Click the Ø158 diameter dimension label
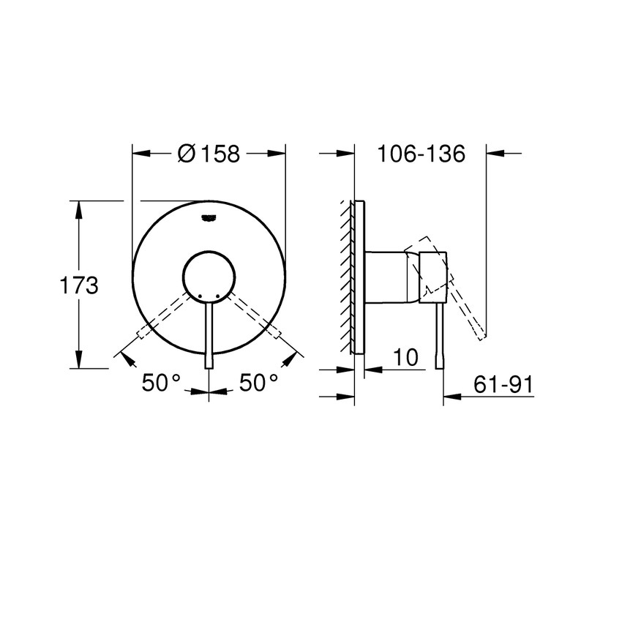pyautogui.click(x=209, y=154)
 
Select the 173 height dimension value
pyautogui.click(x=78, y=285)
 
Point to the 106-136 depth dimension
pyautogui.click(x=421, y=154)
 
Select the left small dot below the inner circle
pyautogui.click(x=198, y=295)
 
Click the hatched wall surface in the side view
pyautogui.click(x=345, y=274)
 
